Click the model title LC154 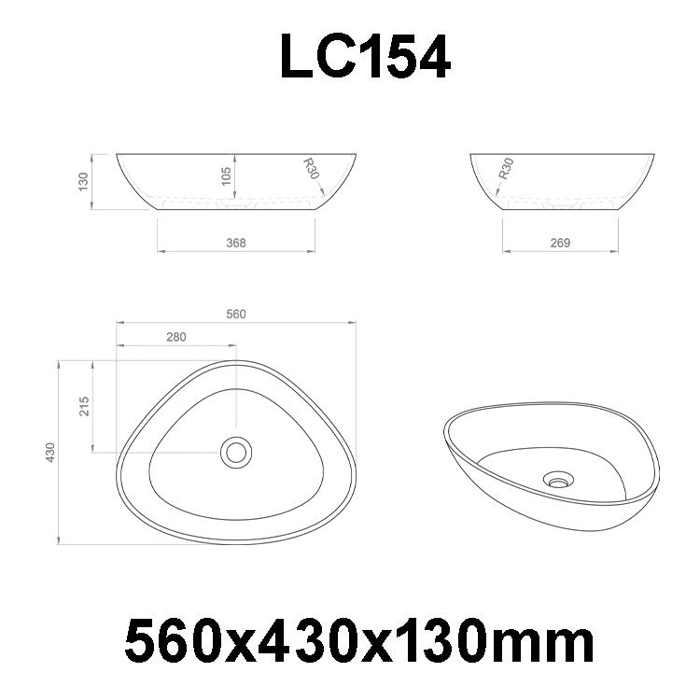(x=365, y=57)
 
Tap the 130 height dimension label (x=83, y=182)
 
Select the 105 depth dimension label (x=227, y=175)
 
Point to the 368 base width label (x=236, y=243)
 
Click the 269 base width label (x=560, y=243)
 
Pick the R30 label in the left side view (x=311, y=168)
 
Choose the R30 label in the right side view (x=506, y=168)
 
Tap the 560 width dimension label (x=236, y=315)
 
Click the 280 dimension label (x=176, y=337)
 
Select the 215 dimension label (x=84, y=406)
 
